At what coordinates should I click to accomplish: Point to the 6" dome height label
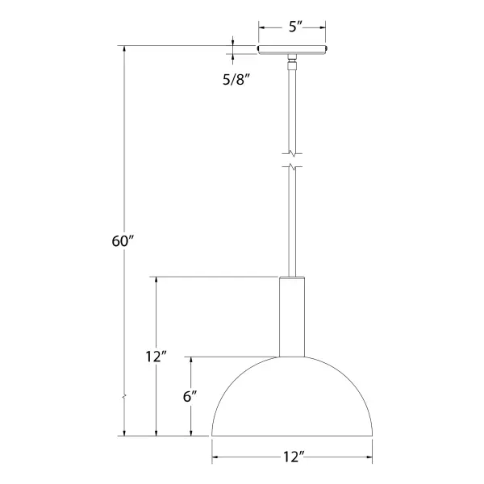(x=191, y=397)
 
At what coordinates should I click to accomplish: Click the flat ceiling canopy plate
(x=292, y=50)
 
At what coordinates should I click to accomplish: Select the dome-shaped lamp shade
(x=292, y=399)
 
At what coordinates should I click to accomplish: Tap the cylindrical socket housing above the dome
(x=291, y=316)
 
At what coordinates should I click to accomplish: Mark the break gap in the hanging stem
(x=292, y=160)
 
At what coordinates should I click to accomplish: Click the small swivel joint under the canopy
(x=291, y=60)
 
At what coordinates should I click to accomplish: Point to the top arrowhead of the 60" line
(x=124, y=50)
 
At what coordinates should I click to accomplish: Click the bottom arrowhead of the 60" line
(x=124, y=432)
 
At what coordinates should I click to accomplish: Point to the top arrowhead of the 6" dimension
(x=191, y=361)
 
